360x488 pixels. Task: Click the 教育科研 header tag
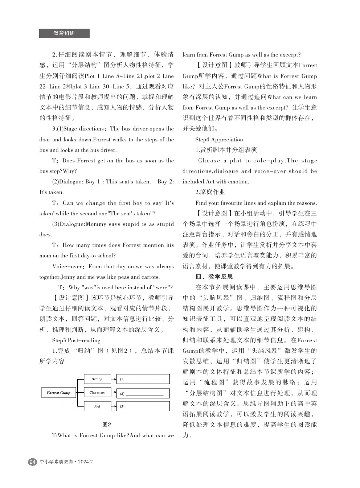pyautogui.click(x=64, y=33)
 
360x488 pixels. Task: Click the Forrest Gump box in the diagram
pyautogui.click(x=58, y=393)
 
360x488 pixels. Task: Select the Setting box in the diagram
pyautogui.click(x=97, y=379)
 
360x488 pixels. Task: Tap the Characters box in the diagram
pyautogui.click(x=97, y=393)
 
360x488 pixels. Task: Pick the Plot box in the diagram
pyautogui.click(x=97, y=406)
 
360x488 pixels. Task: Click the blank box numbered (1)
pyautogui.click(x=143, y=379)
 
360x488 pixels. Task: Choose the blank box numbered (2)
pyautogui.click(x=143, y=393)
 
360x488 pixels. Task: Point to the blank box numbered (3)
pyautogui.click(x=143, y=406)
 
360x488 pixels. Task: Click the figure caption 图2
pyautogui.click(x=107, y=425)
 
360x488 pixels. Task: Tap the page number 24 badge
pyautogui.click(x=32, y=462)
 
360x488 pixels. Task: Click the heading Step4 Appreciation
pyautogui.click(x=219, y=140)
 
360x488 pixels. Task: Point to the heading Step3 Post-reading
pyautogui.click(x=76, y=340)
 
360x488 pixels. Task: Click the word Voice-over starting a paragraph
pyautogui.click(x=67, y=266)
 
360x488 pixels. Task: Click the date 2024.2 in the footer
pyautogui.click(x=85, y=462)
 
